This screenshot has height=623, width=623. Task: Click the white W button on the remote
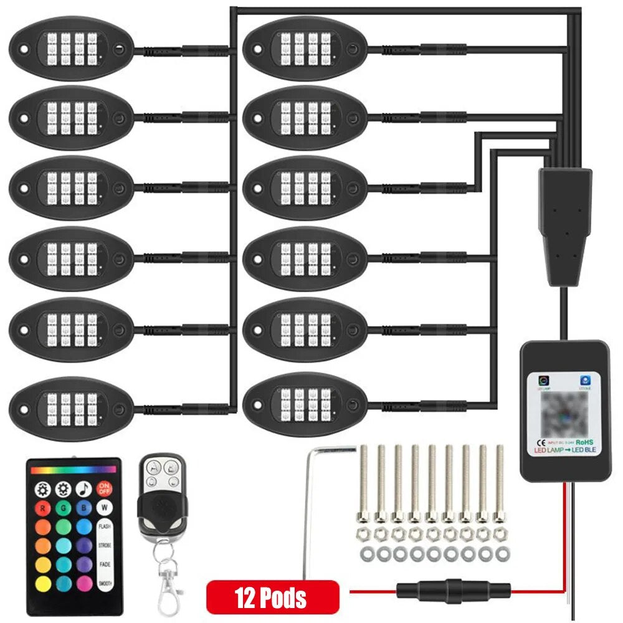(x=105, y=508)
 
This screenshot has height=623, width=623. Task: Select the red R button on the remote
(x=42, y=508)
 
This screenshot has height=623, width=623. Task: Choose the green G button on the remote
(x=63, y=508)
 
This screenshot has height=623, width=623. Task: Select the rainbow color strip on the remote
(x=74, y=470)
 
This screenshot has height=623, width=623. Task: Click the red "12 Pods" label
(x=272, y=597)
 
